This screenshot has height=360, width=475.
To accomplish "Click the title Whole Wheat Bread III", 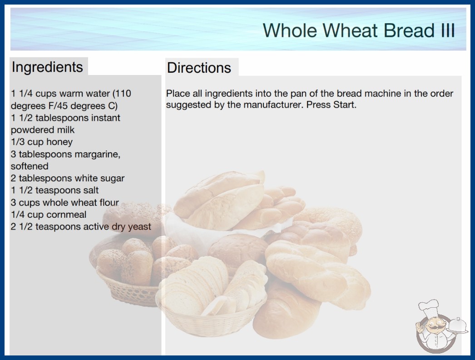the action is coord(359,30).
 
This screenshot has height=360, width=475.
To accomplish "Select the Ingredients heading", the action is coord(47,67).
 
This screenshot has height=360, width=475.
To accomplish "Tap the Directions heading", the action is coord(199,68).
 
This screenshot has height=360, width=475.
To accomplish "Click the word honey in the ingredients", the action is coord(59,142).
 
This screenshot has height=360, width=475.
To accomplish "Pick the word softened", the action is coord(30,166).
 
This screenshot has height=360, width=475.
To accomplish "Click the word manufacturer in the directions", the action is coord(273,105).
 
